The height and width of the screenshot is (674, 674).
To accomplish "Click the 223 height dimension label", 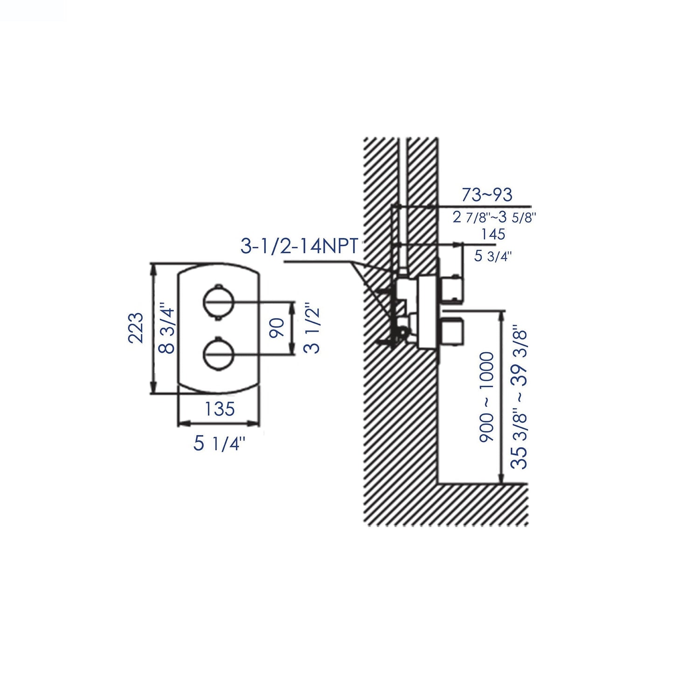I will (x=136, y=328).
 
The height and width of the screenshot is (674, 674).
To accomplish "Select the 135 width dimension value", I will (x=219, y=409).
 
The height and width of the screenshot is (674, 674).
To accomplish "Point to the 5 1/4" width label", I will (x=219, y=444).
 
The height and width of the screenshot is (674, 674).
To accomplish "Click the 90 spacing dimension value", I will (x=277, y=328).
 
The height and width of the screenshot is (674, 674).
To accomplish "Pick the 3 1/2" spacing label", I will (x=314, y=328).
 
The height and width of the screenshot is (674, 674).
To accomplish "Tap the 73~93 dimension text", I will (x=486, y=195).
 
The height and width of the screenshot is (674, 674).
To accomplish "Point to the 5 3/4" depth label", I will (x=493, y=256).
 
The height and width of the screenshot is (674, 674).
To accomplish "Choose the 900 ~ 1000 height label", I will (x=486, y=396).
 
